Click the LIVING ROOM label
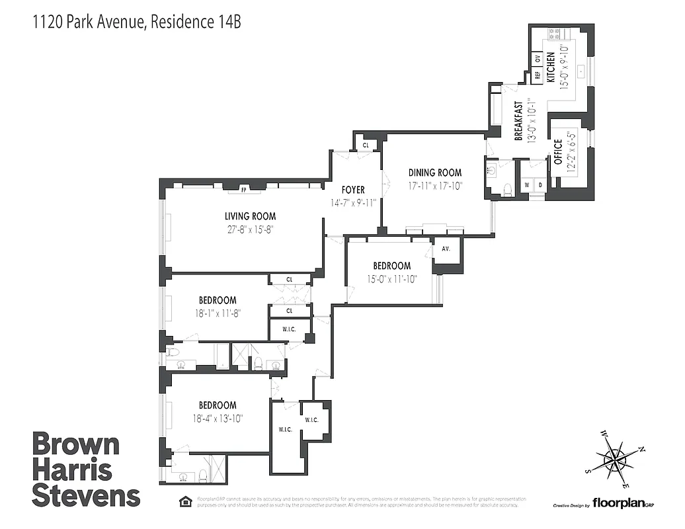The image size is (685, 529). (249, 216)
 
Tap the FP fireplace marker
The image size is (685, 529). (244, 190)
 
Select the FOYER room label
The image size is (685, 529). (353, 190)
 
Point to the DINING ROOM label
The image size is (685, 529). (434, 173)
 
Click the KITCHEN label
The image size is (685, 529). (549, 65)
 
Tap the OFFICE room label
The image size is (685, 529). (557, 151)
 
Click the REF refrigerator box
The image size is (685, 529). (538, 75)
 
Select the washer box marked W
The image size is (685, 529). (527, 184)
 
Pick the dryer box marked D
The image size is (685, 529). (540, 184)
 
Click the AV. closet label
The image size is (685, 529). (446, 250)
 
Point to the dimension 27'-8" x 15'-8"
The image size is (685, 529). (249, 230)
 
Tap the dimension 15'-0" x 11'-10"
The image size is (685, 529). (392, 278)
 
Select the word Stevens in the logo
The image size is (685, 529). (86, 496)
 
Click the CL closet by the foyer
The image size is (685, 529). (365, 145)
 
